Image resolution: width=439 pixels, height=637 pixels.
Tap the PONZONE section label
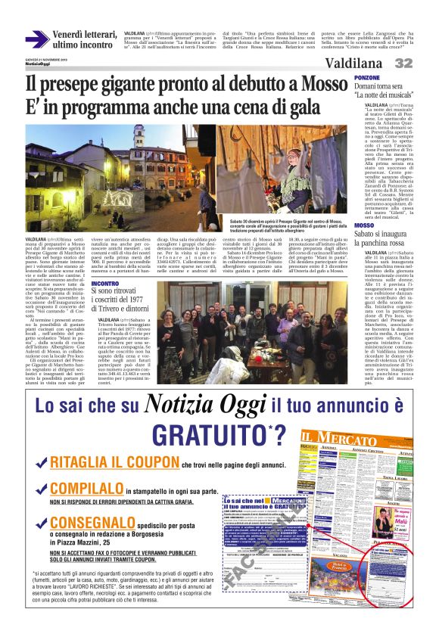(366, 78)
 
